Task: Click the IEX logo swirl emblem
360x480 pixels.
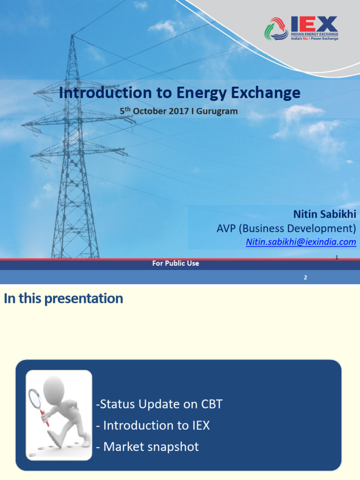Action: coord(276,29)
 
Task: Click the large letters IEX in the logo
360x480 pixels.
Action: coord(315,24)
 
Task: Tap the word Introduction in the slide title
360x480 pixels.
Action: coord(105,92)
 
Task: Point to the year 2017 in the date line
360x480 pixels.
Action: coord(179,111)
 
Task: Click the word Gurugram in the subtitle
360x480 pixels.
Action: coord(217,112)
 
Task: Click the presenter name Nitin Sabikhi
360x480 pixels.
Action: coord(325,214)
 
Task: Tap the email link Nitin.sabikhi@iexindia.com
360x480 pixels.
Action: coord(301,242)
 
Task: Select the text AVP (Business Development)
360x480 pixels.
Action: coord(286,228)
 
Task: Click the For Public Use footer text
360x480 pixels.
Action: coord(176,263)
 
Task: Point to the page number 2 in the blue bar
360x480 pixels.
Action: coord(305,277)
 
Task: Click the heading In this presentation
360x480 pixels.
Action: coord(63,299)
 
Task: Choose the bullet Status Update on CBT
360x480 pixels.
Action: coord(159,404)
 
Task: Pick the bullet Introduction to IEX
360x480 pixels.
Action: coord(153,426)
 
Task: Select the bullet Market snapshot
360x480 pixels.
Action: coord(147,447)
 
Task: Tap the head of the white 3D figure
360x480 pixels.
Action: coord(54,387)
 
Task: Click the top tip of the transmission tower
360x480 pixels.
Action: coord(72,35)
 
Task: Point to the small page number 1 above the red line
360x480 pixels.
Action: coord(337,257)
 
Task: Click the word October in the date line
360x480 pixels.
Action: coord(150,111)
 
